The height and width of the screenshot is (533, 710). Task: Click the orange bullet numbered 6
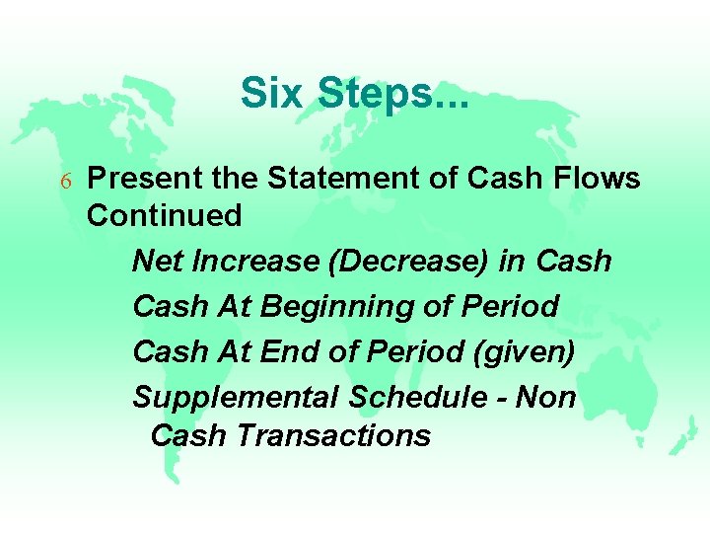click(65, 181)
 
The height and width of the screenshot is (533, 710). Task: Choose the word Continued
click(164, 216)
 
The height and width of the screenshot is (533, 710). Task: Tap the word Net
click(154, 262)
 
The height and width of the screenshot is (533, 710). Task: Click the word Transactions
click(334, 435)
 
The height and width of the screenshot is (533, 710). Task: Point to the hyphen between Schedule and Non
click(503, 398)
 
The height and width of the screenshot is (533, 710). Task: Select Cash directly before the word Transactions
click(189, 435)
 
